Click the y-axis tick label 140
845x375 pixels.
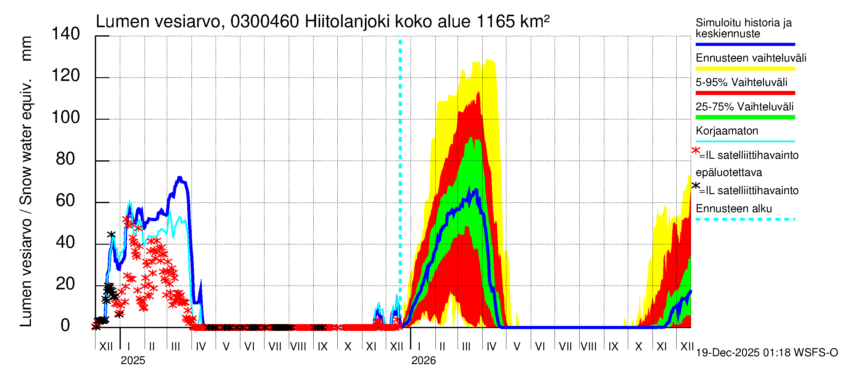click(66, 34)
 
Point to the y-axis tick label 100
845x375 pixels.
click(66, 117)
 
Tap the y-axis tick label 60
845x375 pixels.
click(66, 200)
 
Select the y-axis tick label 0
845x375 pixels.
click(65, 325)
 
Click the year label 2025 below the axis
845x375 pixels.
click(132, 360)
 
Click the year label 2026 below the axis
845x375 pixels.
click(423, 360)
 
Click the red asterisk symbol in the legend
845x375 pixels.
click(695, 151)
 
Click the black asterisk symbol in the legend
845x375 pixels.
click(695, 186)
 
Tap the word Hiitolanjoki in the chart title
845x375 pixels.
click(347, 22)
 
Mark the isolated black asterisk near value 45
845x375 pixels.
click(111, 234)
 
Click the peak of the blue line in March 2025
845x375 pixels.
click(179, 178)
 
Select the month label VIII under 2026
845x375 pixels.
click(588, 347)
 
